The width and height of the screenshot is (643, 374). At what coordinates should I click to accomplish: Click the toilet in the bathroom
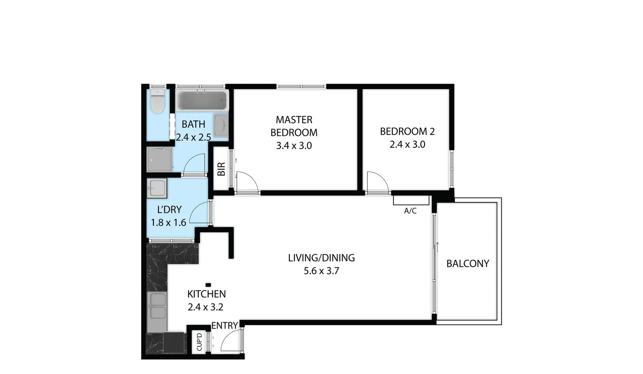tap(158, 102)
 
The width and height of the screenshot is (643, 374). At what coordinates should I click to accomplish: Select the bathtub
tap(202, 100)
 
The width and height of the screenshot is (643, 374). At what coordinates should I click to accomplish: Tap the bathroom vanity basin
tap(221, 125)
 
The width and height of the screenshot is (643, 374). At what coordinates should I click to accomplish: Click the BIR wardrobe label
tap(221, 169)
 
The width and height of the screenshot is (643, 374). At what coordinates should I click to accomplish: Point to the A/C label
tap(410, 211)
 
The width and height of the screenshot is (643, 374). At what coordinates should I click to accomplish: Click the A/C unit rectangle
tap(411, 200)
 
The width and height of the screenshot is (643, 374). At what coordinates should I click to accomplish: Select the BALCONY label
tap(467, 264)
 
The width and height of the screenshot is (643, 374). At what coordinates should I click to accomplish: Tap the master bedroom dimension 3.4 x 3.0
tap(294, 146)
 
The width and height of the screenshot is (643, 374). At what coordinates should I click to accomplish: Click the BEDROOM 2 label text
tap(407, 132)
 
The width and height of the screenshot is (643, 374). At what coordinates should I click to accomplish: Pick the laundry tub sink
tap(157, 188)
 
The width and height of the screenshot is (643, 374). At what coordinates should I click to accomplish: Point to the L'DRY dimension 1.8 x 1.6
tap(168, 223)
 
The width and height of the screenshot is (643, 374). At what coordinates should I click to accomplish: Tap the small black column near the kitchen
tap(208, 285)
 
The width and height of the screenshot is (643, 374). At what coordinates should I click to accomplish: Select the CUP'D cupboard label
tap(199, 342)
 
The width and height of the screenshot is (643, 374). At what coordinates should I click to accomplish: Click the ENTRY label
tap(224, 326)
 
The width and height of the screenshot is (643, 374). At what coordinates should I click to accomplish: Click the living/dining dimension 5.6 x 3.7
tap(321, 271)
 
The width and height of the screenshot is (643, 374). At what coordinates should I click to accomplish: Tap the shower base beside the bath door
tap(159, 160)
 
